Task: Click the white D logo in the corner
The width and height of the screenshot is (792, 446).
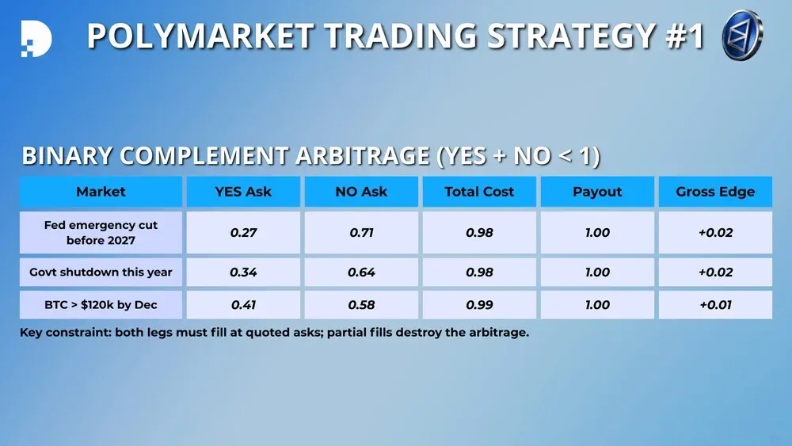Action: coord(36,38)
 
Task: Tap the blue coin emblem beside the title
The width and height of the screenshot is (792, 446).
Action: coord(743,36)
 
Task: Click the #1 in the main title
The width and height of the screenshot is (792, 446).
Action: coord(685,36)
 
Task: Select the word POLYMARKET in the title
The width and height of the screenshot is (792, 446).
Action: coord(200,36)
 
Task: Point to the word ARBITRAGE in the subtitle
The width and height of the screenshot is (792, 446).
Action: coord(362,155)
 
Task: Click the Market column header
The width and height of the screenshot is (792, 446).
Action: coord(101,192)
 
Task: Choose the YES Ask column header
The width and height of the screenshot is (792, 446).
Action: coord(243,192)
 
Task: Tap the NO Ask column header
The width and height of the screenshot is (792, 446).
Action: coord(361,192)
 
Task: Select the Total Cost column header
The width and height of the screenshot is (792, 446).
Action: coord(479,192)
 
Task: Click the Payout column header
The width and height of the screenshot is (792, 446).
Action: coord(597,192)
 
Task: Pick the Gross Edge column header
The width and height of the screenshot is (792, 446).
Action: coord(715,192)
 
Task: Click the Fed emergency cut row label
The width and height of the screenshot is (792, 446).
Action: coord(101,232)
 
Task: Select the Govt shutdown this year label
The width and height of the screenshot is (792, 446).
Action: coord(101,273)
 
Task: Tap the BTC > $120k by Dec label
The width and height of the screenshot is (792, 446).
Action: coord(101,304)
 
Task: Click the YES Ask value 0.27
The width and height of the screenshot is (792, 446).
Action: coord(243,233)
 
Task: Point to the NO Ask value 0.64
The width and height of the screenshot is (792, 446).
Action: coord(361,273)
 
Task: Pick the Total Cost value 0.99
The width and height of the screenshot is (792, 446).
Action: coord(479,305)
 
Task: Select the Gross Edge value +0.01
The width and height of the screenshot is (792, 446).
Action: coord(715,305)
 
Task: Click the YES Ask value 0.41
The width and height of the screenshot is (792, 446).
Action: coord(243,305)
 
